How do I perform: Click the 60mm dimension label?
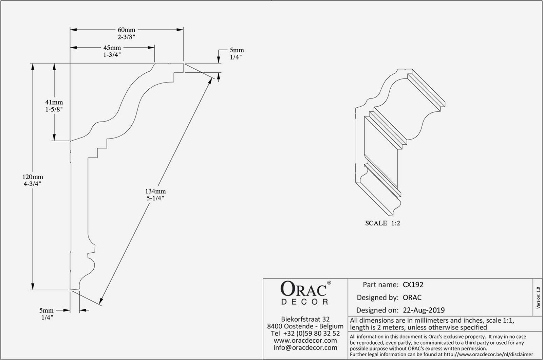126,30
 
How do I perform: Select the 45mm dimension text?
112,48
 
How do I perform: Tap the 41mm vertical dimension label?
54,102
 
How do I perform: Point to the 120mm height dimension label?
33,177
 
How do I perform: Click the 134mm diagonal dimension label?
155,191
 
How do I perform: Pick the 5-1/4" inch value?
155,198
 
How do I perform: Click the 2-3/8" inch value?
126,37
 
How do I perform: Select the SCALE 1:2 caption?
382,223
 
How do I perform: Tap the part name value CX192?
413,285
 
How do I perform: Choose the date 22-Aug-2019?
424,310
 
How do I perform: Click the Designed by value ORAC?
412,298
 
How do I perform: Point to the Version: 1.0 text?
538,298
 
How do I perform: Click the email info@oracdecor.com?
305,347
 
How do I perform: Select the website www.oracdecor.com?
305,340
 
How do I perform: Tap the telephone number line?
305,333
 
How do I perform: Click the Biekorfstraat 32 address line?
305,319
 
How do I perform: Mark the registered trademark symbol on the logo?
329,283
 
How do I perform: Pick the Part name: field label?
380,285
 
